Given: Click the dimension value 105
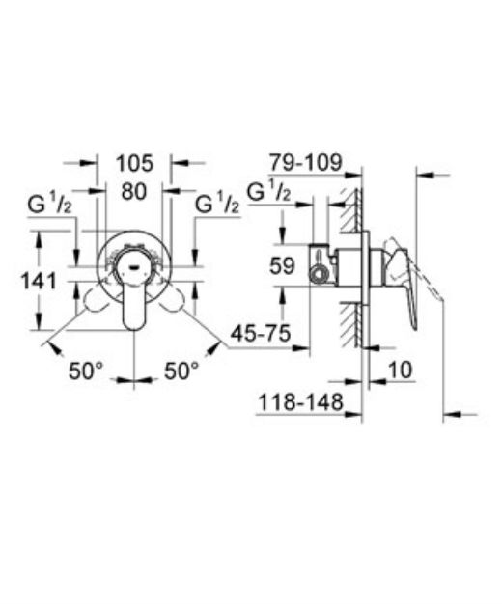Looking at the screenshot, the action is pos(134,163).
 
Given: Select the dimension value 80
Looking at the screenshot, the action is pos(134,191).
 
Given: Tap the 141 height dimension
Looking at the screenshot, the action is pos(39,281).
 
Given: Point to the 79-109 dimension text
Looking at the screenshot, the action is pos(305,162).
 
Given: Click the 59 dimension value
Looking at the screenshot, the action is pos(282,265).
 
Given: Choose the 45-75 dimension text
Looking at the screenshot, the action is pos(261,333).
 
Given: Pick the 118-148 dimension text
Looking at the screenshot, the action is pos(300,402).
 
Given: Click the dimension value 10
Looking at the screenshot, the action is pos(401,370).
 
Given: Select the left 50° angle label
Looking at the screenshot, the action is pos(86,371).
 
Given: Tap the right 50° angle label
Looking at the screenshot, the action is pos(181,371).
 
